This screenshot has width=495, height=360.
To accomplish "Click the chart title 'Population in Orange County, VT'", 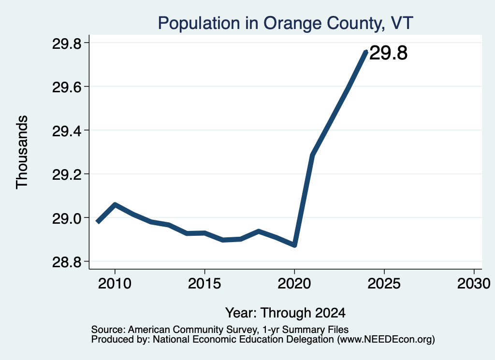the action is (x=285, y=23).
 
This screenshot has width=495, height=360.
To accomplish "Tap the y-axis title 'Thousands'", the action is (x=22, y=152).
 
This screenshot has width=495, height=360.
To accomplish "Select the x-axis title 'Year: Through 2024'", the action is (x=285, y=313).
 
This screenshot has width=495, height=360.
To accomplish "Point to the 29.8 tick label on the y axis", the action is (x=66, y=43).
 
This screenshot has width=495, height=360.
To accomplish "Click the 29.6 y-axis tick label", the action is (x=66, y=87).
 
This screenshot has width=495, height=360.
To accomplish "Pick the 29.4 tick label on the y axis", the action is (x=66, y=131).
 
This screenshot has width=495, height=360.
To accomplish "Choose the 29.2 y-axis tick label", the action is (x=66, y=175).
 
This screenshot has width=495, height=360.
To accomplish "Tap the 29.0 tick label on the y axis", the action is (x=66, y=218).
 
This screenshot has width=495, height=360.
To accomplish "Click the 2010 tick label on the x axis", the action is (x=115, y=284).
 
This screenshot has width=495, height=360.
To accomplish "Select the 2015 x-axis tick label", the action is (x=204, y=284).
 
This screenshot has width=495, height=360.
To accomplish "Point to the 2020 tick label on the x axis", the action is (x=294, y=284).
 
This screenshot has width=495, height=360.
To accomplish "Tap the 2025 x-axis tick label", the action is (x=384, y=284).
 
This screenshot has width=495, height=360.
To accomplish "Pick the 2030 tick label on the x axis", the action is (x=474, y=284).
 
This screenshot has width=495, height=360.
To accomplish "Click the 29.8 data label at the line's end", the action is (x=388, y=53).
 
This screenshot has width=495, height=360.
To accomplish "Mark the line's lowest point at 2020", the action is (x=294, y=245).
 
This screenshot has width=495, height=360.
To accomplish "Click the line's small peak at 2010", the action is (x=115, y=204).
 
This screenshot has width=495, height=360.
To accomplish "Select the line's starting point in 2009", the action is (x=98, y=222).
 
